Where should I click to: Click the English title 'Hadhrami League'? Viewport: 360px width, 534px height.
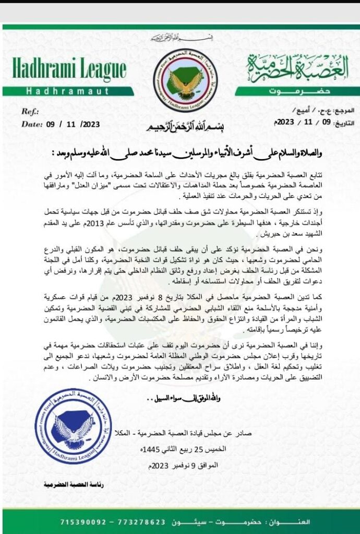(x=69, y=70)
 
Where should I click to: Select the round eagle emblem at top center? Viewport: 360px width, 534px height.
(x=185, y=80)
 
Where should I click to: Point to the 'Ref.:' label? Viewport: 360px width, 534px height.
(x=29, y=112)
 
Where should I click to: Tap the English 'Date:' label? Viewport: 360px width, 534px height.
(x=32, y=124)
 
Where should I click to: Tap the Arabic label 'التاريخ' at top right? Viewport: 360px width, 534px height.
(x=342, y=123)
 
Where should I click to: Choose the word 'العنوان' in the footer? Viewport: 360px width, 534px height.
(x=326, y=521)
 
